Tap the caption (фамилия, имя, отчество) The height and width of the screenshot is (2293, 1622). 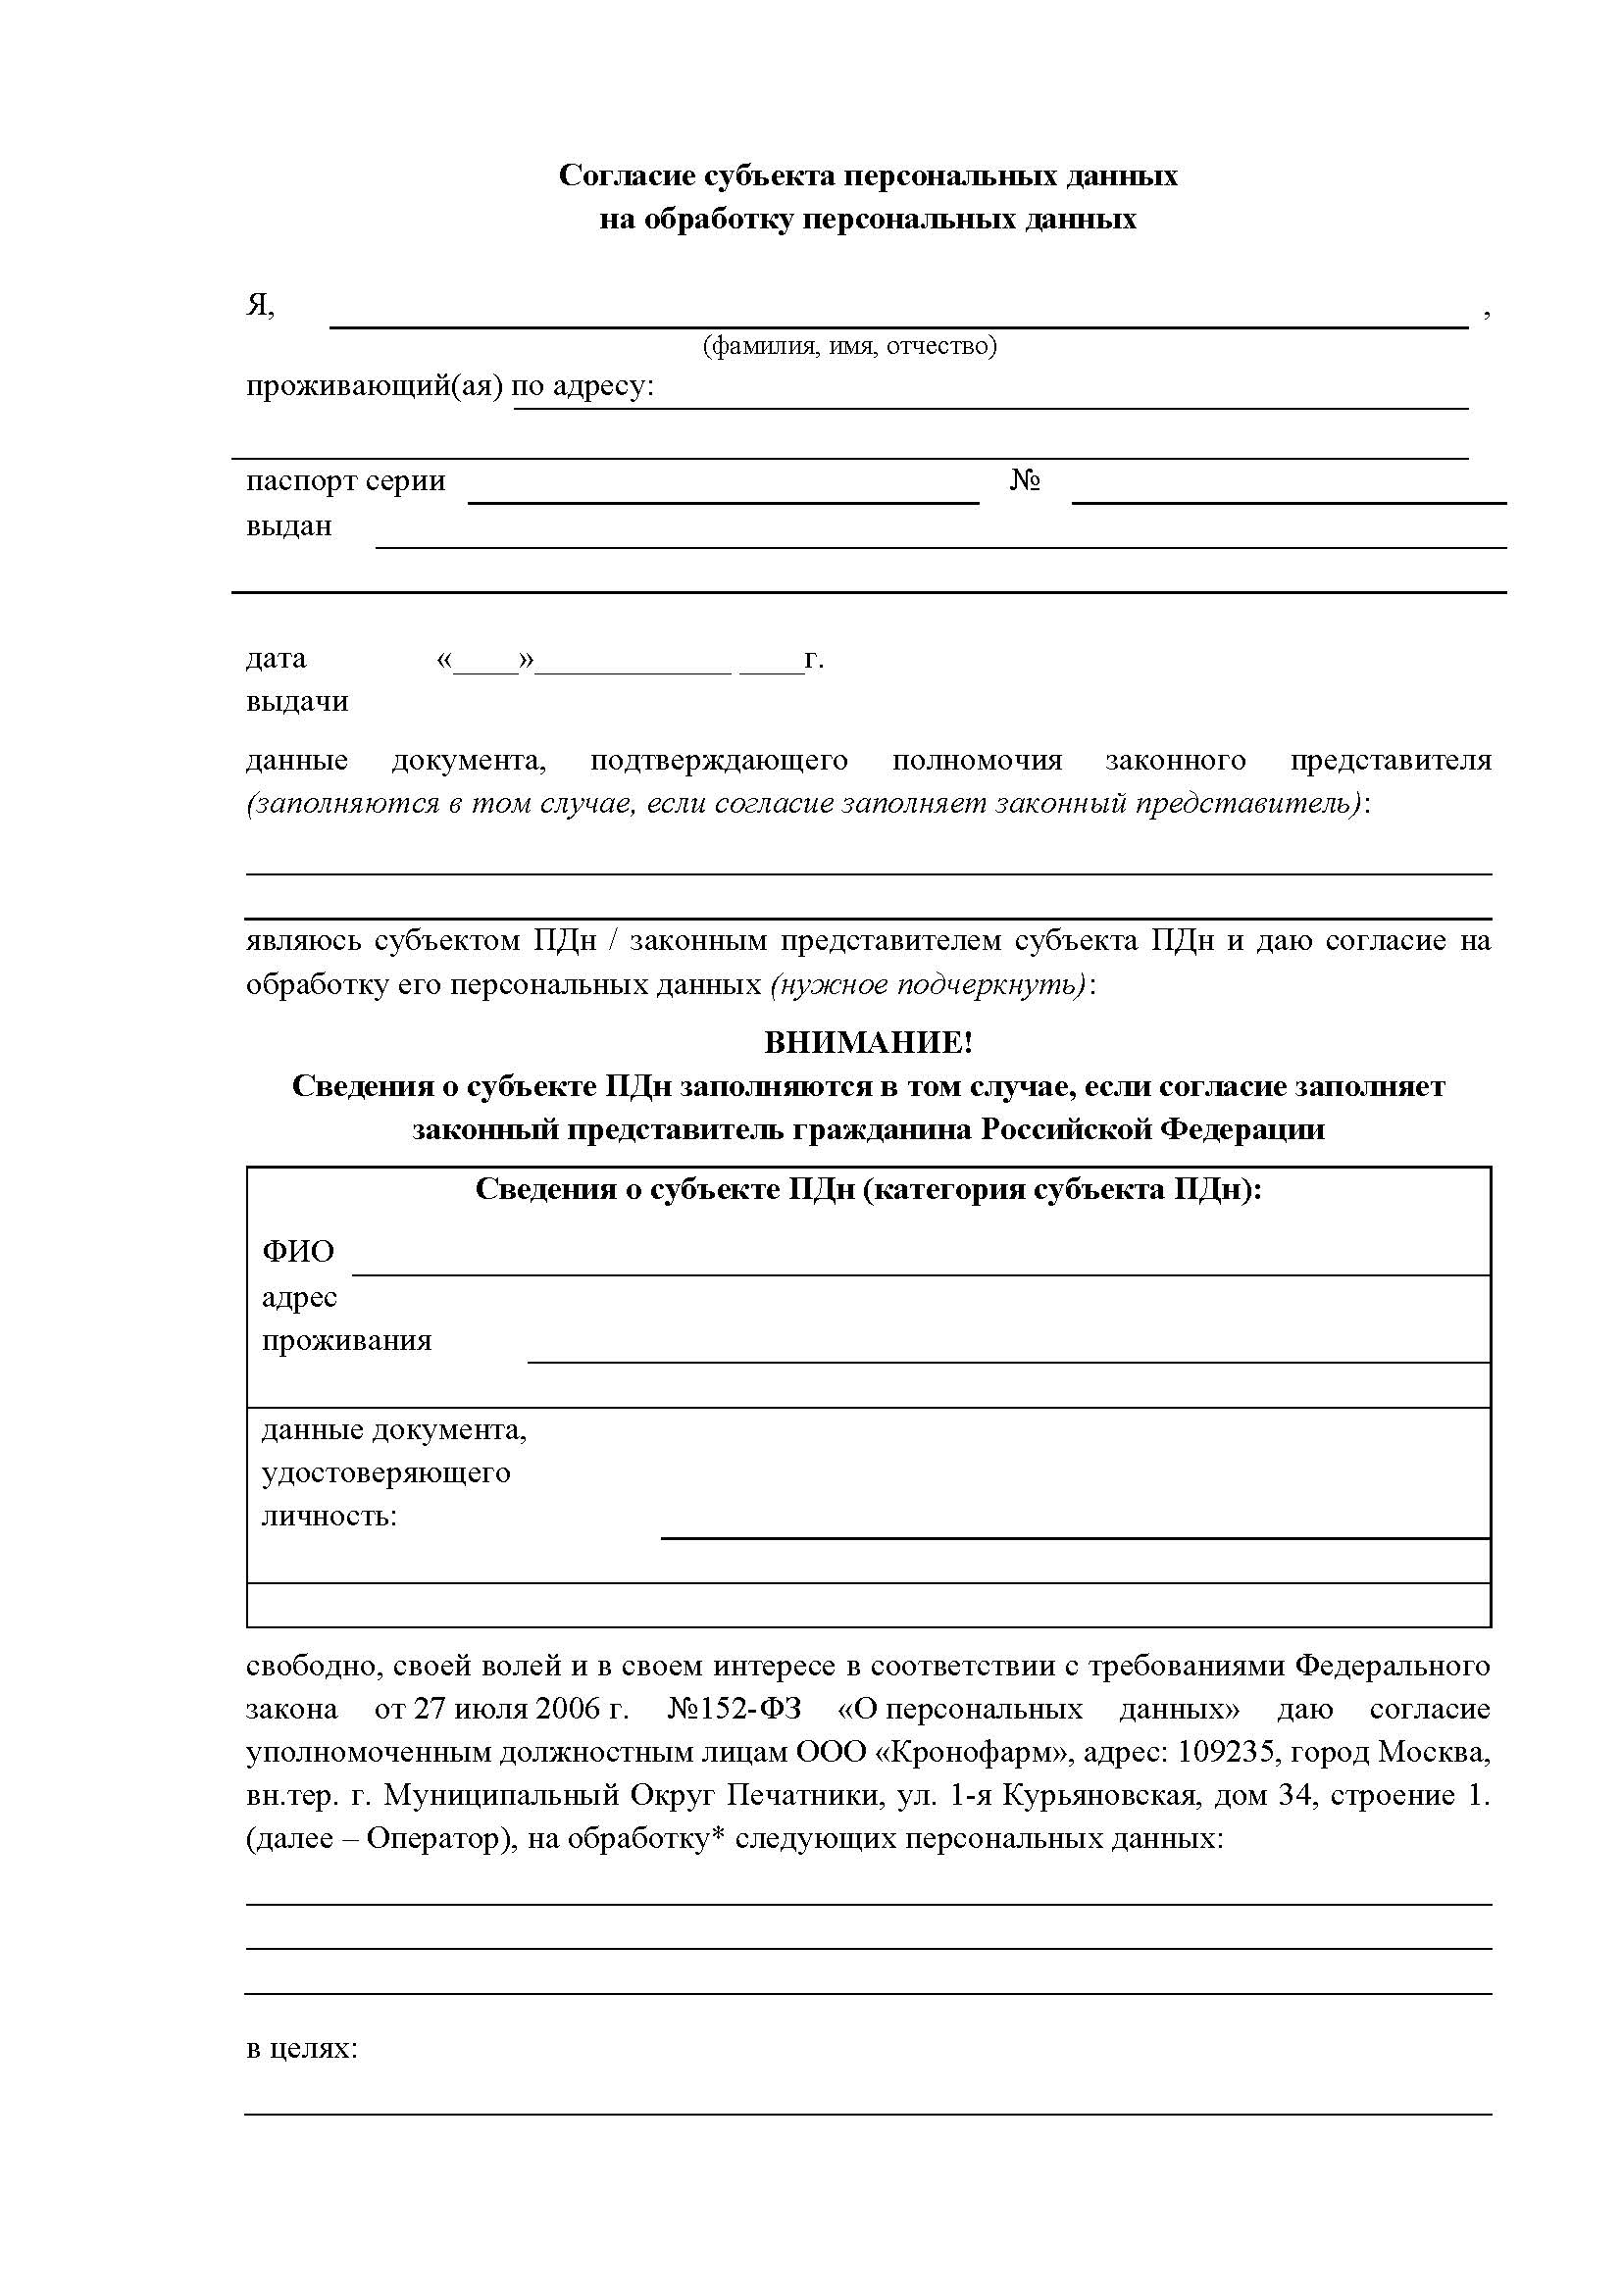pyautogui.click(x=849, y=345)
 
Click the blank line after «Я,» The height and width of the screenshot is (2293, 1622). pyautogui.click(x=899, y=318)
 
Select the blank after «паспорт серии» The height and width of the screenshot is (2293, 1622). pyautogui.click(x=723, y=493)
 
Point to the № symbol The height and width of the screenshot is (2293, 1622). pyautogui.click(x=1026, y=481)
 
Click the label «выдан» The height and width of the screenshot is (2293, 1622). pyautogui.click(x=288, y=526)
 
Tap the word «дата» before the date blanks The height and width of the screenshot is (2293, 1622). pyautogui.click(x=276, y=659)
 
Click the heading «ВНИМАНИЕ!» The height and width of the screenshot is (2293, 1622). pyautogui.click(x=868, y=1043)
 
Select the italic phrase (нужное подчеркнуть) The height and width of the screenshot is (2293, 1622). pyautogui.click(x=928, y=984)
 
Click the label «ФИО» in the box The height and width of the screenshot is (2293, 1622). pyautogui.click(x=298, y=1251)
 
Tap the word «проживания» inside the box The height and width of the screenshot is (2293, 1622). pyautogui.click(x=346, y=1339)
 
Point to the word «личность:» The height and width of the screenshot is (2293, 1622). pyautogui.click(x=329, y=1516)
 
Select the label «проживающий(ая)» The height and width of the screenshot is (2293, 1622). pyautogui.click(x=374, y=386)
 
